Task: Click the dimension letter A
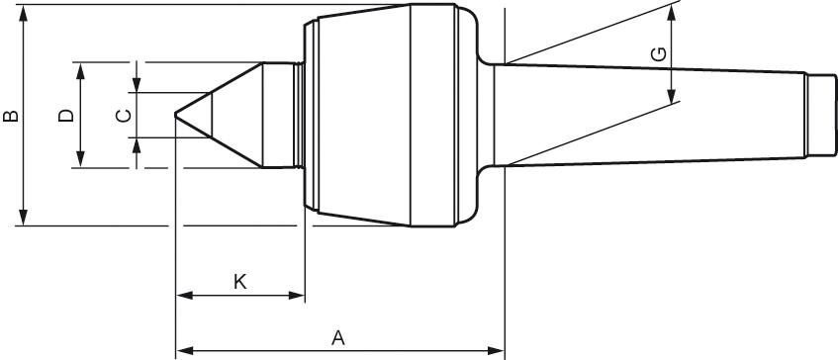click(337, 337)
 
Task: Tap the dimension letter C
click(124, 116)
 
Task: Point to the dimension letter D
click(66, 116)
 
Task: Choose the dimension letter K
click(239, 281)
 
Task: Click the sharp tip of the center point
click(176, 116)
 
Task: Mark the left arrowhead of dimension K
click(182, 295)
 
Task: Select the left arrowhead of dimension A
click(182, 349)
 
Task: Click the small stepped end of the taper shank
click(818, 115)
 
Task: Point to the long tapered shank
click(653, 115)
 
